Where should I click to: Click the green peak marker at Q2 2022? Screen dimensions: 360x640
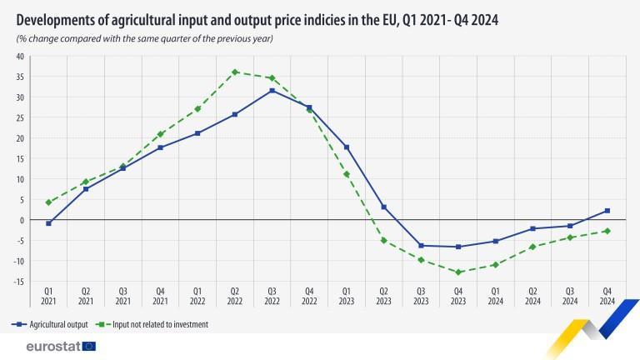coord(235,72)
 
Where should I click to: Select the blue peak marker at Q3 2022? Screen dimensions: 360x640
coord(272,90)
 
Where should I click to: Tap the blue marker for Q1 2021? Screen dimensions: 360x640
coord(49,223)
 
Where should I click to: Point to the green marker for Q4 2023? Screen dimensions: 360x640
coord(457,272)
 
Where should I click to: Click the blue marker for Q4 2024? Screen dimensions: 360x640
coord(607,211)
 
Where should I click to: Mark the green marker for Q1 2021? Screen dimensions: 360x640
coord(49,202)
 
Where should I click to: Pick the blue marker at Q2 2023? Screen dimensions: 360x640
coord(383,207)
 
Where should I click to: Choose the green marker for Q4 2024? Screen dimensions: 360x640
coord(607,231)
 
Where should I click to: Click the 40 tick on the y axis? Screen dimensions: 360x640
coord(19,57)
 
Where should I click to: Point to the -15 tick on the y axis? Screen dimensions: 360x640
coord(19,281)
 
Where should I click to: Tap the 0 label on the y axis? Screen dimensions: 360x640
coord(22,220)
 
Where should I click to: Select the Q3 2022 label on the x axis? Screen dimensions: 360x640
coord(272,296)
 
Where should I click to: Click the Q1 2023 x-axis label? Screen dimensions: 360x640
coord(346,296)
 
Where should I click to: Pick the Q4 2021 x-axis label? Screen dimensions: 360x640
coord(160,296)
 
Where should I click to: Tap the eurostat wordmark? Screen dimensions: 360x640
coord(52,346)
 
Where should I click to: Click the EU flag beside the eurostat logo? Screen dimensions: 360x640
coord(89,346)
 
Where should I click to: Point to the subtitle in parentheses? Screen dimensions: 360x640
coord(145,38)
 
